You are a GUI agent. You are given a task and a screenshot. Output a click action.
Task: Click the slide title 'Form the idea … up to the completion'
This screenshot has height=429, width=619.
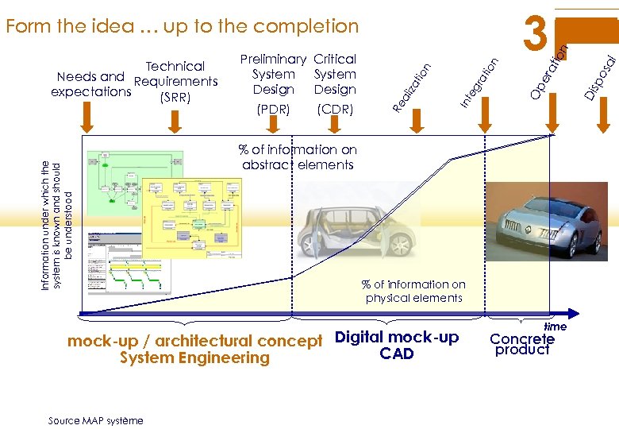pos(182,26)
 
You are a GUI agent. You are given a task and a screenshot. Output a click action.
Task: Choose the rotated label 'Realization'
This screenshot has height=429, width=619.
pos(413,87)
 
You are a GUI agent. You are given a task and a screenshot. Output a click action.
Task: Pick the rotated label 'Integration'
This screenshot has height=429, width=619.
pos(480,83)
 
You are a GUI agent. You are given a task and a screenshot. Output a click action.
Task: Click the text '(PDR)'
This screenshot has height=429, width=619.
pos(273,108)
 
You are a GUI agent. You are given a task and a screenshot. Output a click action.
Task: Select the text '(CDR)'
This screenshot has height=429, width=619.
pos(334,108)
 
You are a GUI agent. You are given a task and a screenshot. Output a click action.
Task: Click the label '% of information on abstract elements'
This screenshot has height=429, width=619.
pos(299,157)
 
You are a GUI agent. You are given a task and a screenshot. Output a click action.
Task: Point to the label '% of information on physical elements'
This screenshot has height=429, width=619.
pos(413,291)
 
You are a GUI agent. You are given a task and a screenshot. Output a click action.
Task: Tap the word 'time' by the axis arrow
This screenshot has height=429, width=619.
pos(555,327)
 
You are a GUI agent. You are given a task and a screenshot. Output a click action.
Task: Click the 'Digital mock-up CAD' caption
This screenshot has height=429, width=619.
pos(397,345)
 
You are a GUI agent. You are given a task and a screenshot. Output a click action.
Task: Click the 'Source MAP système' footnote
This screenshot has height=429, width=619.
pos(95,420)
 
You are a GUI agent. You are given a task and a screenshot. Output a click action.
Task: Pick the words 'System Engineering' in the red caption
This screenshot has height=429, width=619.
pos(194,358)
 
